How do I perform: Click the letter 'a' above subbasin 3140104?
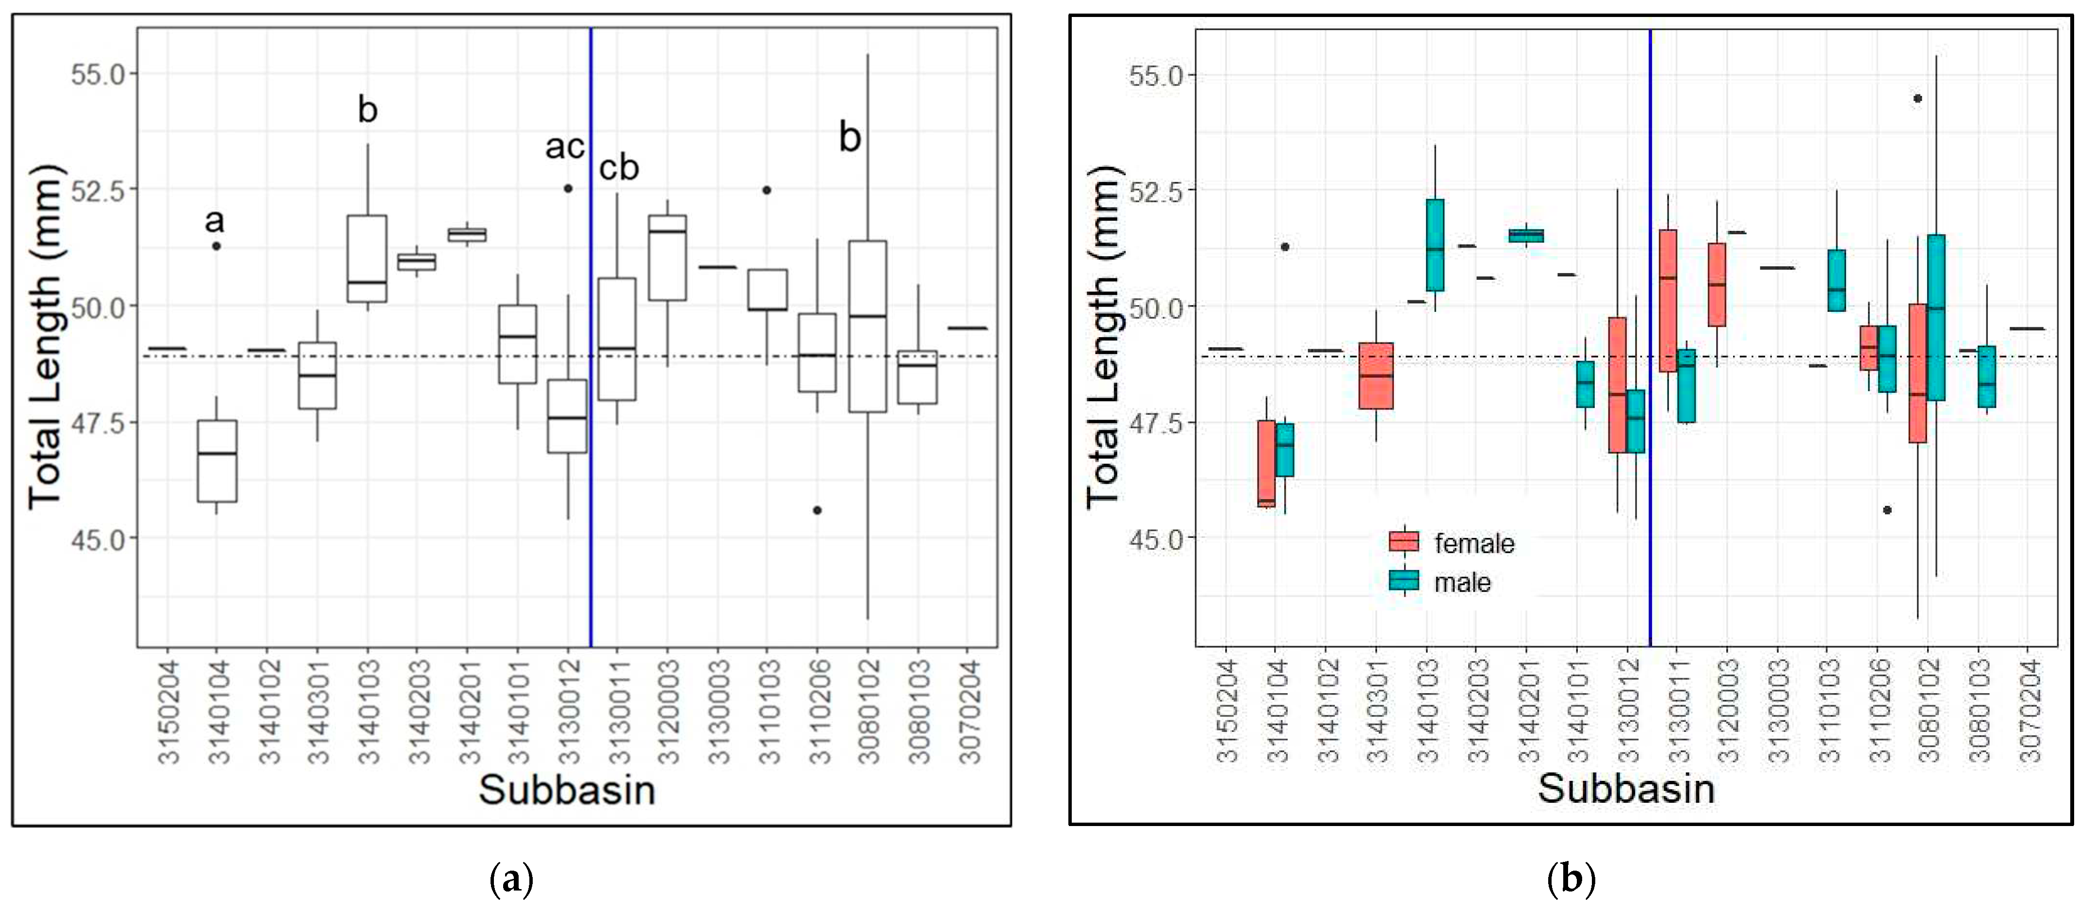point(214,220)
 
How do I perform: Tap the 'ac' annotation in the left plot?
point(564,147)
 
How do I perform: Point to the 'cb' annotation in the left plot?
point(619,168)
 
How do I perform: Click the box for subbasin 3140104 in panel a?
point(217,461)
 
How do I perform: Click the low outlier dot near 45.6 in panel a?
point(818,510)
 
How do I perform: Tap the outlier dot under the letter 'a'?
point(217,245)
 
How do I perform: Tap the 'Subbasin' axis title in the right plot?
point(1626,789)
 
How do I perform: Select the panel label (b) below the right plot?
point(1571,879)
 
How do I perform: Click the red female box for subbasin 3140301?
point(1376,375)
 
